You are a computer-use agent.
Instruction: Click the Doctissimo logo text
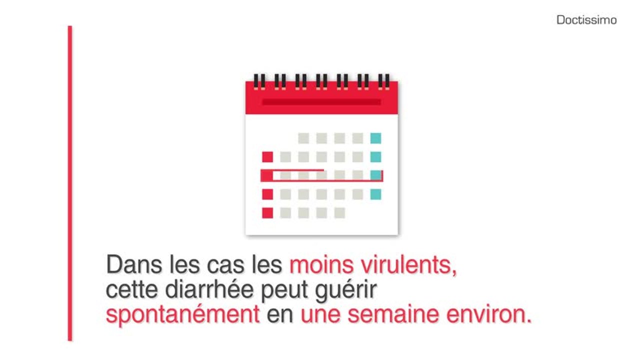point(586,20)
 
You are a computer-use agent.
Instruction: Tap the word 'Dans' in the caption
point(128,265)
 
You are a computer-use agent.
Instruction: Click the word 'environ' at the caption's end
point(495,315)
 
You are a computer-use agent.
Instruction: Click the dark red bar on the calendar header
point(321,102)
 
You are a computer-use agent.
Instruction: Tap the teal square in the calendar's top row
point(375,138)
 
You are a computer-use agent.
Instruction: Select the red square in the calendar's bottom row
point(267,213)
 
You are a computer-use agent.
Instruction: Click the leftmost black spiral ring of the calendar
point(259,81)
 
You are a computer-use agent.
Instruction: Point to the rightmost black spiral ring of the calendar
point(384,81)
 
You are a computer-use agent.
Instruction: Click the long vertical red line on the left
point(70,183)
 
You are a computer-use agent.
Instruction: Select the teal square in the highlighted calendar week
point(375,175)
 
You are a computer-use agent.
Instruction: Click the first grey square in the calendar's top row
point(303,138)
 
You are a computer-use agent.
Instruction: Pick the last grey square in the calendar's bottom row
point(339,213)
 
